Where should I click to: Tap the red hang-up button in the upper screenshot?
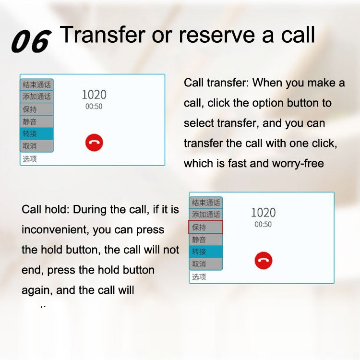94,143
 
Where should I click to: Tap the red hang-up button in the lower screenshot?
263,261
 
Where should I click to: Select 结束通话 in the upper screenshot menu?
36,84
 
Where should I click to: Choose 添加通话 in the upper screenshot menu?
36,96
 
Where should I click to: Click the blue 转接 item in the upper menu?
36,133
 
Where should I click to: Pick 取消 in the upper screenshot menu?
36,145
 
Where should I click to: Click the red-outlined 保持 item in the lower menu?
205,227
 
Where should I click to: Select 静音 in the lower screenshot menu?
205,239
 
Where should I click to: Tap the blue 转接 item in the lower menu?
205,252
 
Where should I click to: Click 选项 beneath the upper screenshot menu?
30,159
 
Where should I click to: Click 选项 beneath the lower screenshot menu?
199,277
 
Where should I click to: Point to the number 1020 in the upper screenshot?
94,95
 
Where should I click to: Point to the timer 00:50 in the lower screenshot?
263,224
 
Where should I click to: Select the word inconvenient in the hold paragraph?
53,230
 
